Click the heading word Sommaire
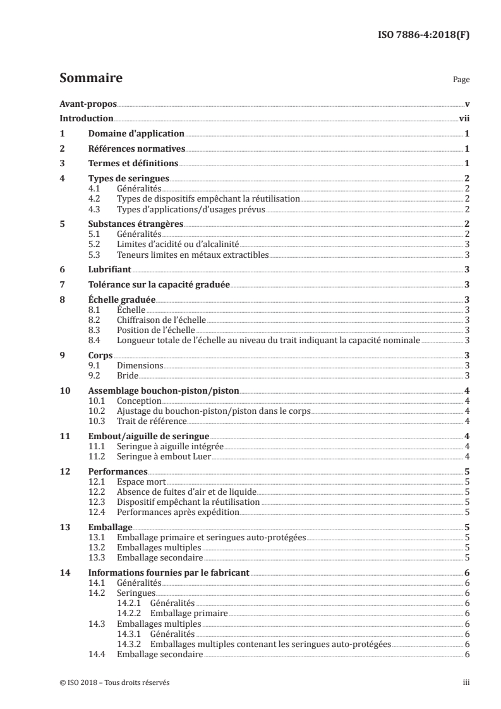[90, 79]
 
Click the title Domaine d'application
[136, 134]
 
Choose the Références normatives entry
[136, 149]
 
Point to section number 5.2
[94, 243]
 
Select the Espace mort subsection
[142, 481]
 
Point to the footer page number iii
[465, 682]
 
